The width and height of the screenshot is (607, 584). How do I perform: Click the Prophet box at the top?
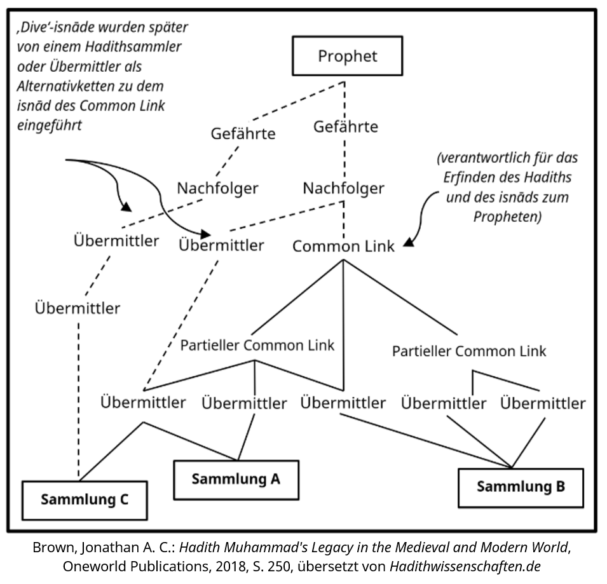point(347,56)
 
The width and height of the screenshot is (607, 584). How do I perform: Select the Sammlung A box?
point(236,479)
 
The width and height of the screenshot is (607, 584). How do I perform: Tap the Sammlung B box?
point(521,487)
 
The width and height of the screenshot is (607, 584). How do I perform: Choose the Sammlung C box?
point(85,499)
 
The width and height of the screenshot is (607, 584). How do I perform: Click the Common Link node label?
point(343,247)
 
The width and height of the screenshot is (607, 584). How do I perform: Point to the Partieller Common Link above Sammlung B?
point(469,351)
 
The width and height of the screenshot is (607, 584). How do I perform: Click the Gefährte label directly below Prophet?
point(345,127)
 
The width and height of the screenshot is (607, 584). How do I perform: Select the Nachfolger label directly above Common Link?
point(343,189)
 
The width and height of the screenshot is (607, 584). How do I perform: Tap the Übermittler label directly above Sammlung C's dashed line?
point(78,308)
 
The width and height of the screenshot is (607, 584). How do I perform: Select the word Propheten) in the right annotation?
point(507,216)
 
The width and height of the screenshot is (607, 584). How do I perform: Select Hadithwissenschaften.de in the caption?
point(465,566)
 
